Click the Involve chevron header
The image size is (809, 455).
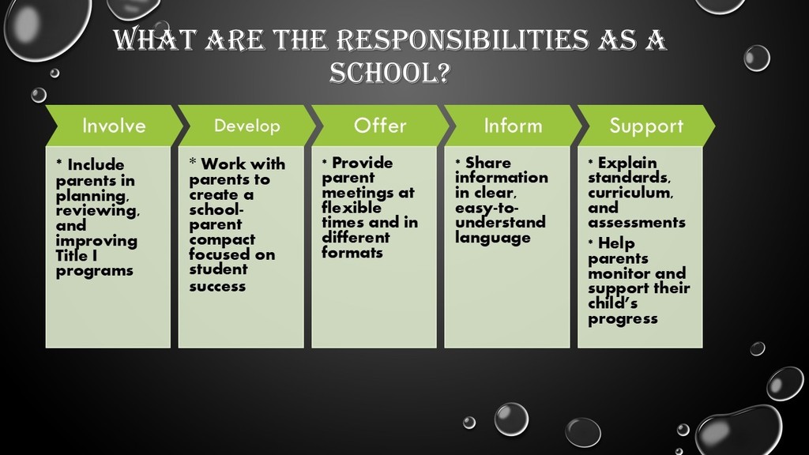click(114, 126)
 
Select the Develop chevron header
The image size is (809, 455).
click(246, 126)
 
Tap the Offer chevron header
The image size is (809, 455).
click(380, 126)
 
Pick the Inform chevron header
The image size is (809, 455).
click(513, 126)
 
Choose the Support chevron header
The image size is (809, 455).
click(646, 126)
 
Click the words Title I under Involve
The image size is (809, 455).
click(77, 255)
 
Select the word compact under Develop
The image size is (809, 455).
click(222, 240)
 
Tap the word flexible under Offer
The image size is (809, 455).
click(352, 208)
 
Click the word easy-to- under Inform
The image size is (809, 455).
click(487, 209)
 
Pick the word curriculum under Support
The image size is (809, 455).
click(630, 193)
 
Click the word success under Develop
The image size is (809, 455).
click(217, 286)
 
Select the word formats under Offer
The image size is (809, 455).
click(352, 252)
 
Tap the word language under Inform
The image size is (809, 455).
click(493, 238)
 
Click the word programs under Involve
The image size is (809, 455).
click(95, 272)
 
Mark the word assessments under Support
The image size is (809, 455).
click(637, 222)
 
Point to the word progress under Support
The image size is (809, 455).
click(623, 319)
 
